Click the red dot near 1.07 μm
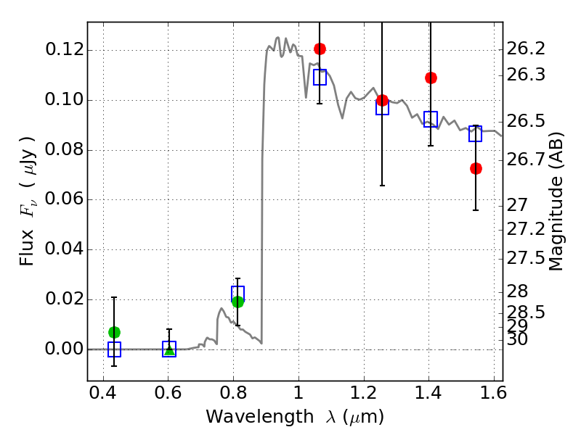[x=320, y=49]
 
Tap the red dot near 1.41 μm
[x=431, y=78]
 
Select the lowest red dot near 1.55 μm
[x=476, y=169]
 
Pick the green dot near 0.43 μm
[x=114, y=332]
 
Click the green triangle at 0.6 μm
[x=169, y=350]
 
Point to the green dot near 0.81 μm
[x=237, y=302]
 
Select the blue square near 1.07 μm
[x=320, y=77]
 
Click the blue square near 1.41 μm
[x=431, y=119]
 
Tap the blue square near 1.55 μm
[x=475, y=133]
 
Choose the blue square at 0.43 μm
[x=114, y=349]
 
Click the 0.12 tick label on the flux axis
[x=65, y=49]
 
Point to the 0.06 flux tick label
[x=65, y=199]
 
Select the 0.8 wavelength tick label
[x=233, y=393]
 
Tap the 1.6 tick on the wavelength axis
[x=493, y=393]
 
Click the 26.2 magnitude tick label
[x=526, y=49]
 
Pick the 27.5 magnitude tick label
[x=526, y=258]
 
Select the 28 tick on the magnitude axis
[x=517, y=292]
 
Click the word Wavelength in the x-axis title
[x=260, y=417]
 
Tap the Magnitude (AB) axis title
[x=556, y=202]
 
